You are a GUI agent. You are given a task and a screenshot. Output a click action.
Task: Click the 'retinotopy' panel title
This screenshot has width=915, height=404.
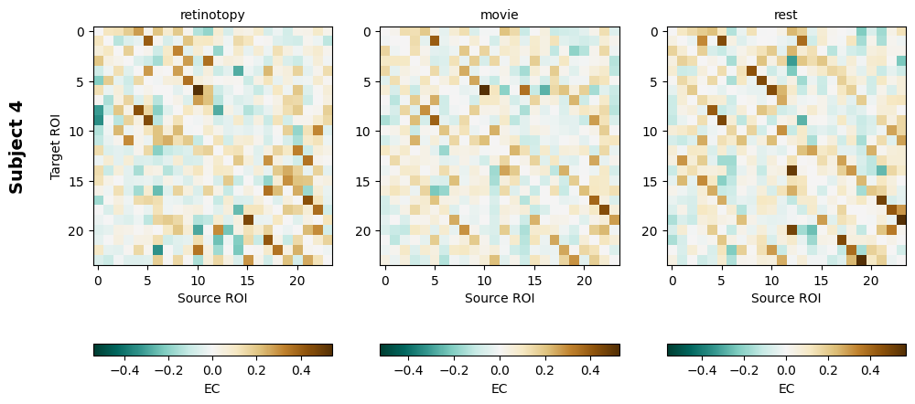pyautogui.click(x=212, y=15)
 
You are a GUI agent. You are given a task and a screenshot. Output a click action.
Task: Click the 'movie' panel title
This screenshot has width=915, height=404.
pyautogui.click(x=500, y=15)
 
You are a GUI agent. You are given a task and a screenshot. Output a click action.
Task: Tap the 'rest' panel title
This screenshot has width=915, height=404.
pyautogui.click(x=786, y=15)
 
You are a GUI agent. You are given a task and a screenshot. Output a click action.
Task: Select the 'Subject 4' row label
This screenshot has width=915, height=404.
pyautogui.click(x=16, y=146)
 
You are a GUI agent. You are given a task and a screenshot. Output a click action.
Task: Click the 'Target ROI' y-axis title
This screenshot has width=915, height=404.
pyautogui.click(x=56, y=146)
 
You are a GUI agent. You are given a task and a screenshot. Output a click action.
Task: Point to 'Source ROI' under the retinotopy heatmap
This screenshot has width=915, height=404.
pyautogui.click(x=212, y=298)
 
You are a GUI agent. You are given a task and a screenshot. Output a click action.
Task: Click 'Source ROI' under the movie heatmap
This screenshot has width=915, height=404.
pyautogui.click(x=500, y=298)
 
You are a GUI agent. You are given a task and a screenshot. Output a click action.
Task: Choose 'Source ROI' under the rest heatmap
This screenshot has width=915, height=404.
pyautogui.click(x=786, y=298)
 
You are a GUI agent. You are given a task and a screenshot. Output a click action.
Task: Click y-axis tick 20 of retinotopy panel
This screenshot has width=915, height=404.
pyautogui.click(x=81, y=231)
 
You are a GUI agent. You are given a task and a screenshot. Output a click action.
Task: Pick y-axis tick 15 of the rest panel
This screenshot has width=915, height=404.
pyautogui.click(x=654, y=181)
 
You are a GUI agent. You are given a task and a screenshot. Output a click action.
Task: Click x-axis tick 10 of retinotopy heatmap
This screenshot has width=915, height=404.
pyautogui.click(x=198, y=279)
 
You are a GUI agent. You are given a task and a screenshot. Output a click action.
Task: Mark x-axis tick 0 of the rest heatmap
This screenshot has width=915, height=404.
pyautogui.click(x=673, y=279)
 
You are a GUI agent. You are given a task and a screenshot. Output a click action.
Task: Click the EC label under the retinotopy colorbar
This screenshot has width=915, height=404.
pyautogui.click(x=212, y=388)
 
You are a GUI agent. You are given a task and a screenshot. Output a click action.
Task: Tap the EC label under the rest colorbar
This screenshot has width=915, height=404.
pyautogui.click(x=786, y=388)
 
